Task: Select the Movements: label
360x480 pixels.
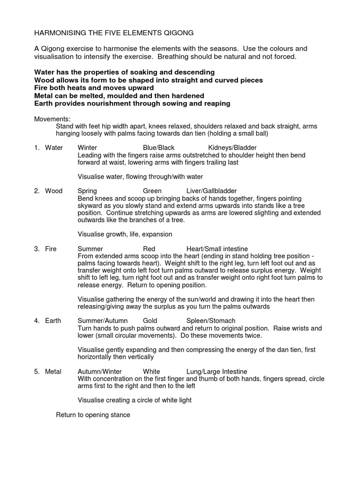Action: [52, 119]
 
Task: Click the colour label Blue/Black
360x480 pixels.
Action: [158, 148]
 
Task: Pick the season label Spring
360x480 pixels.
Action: [87, 191]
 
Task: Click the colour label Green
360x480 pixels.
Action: [152, 191]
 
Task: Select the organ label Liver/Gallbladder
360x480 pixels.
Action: [211, 191]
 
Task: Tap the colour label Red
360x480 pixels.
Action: [149, 248]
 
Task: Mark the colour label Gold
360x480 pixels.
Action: [150, 321]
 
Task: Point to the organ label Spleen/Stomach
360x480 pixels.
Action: [210, 321]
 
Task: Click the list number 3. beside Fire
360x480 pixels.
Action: [37, 248]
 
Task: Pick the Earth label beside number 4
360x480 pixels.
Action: [53, 321]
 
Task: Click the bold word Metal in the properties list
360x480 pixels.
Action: [45, 96]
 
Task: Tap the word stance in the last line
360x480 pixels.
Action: [120, 415]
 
